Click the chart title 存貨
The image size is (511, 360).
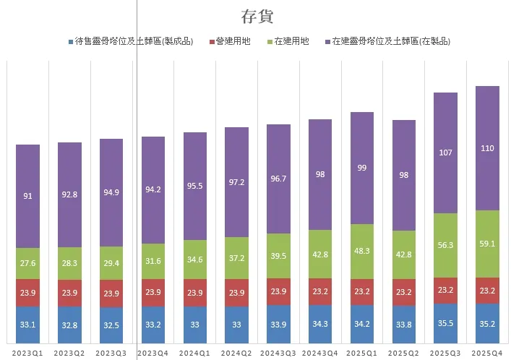(x=257, y=17)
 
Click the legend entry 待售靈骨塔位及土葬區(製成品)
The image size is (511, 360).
(x=134, y=42)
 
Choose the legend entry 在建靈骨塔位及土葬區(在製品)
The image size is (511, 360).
(x=390, y=42)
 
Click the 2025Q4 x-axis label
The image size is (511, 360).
(x=488, y=352)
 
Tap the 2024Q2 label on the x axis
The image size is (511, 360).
(x=237, y=352)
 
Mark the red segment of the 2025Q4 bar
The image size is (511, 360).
(x=488, y=290)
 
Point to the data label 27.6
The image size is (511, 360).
(x=28, y=263)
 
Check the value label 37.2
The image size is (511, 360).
(x=237, y=257)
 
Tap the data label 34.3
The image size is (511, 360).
(x=321, y=324)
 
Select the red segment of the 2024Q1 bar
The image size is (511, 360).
(x=195, y=293)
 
